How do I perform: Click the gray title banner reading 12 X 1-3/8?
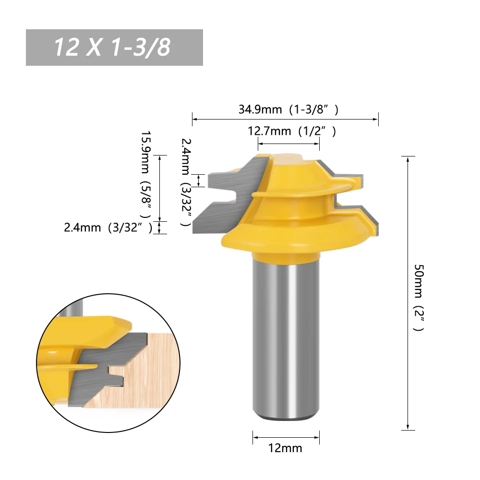coord(114,48)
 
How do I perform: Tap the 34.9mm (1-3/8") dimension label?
coord(288,109)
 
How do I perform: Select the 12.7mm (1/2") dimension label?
coord(291,131)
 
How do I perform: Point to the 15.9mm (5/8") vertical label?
coord(146,175)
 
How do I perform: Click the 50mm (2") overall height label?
coord(419,298)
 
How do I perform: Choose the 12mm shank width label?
coord(285,448)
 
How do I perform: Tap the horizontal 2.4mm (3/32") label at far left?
coord(108,228)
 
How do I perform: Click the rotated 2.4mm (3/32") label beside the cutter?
coord(186,182)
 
